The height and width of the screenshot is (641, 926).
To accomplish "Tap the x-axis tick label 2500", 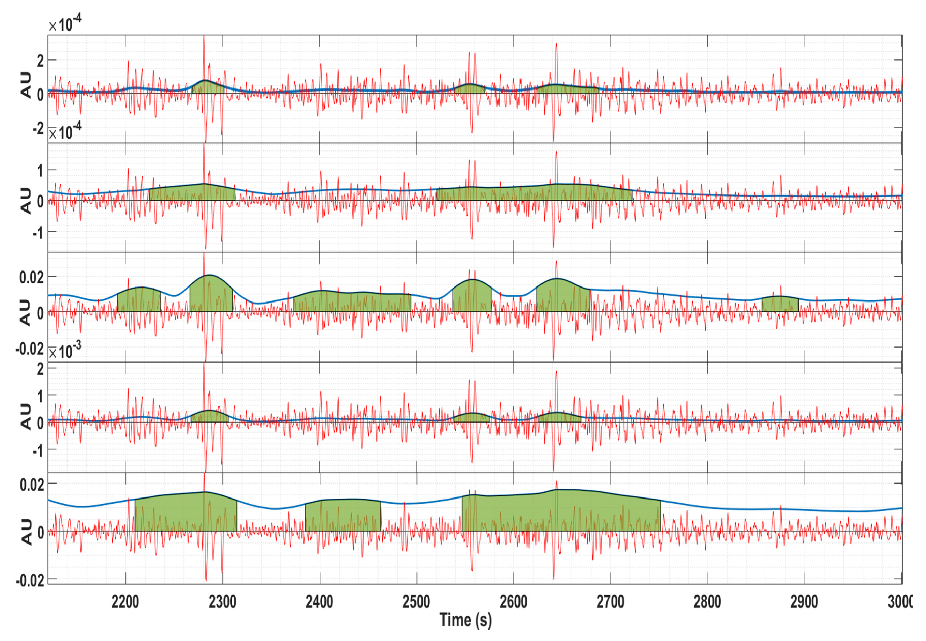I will [416, 602].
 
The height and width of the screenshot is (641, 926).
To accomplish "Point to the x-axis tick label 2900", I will [804, 602].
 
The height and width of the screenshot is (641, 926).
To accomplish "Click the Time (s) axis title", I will [465, 620].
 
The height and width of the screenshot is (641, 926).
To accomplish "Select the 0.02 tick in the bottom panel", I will [32, 485].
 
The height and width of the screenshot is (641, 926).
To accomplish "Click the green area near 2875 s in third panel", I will [780, 304].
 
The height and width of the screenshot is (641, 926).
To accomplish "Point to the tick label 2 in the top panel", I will [40, 61].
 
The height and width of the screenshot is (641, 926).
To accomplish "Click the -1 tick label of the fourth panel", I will [38, 451].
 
